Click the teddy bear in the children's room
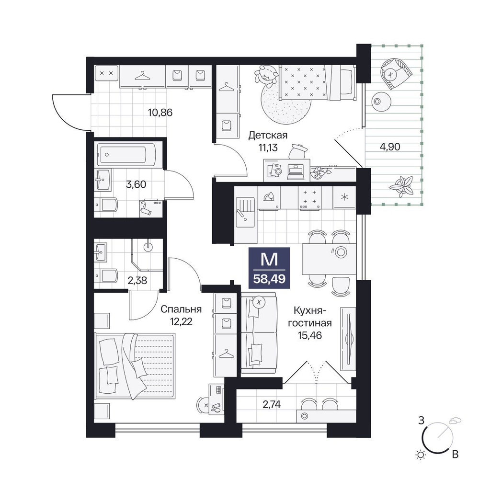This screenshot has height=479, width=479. [x=265, y=74]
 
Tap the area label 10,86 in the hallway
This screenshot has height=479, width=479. [x=160, y=113]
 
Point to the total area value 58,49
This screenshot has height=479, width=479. [x=269, y=279]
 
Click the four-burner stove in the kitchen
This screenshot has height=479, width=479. [x=310, y=198]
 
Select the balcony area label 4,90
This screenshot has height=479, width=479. [x=390, y=147]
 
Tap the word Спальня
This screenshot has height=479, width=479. [x=181, y=309]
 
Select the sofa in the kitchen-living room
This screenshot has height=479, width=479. [x=259, y=333]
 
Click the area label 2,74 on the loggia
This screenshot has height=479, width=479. [x=272, y=404]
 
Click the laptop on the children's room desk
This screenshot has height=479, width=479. [x=296, y=172]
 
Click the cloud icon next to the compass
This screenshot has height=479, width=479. [x=455, y=420]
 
